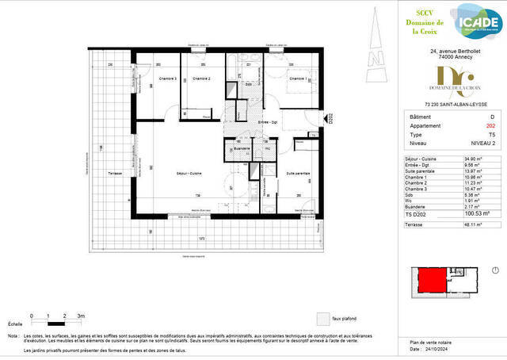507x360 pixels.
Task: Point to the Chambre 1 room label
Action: (x=297, y=79)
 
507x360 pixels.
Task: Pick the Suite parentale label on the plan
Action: (x=297, y=174)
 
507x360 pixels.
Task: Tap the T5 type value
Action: (x=468, y=136)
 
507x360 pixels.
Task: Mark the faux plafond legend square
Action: (x=322, y=318)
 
